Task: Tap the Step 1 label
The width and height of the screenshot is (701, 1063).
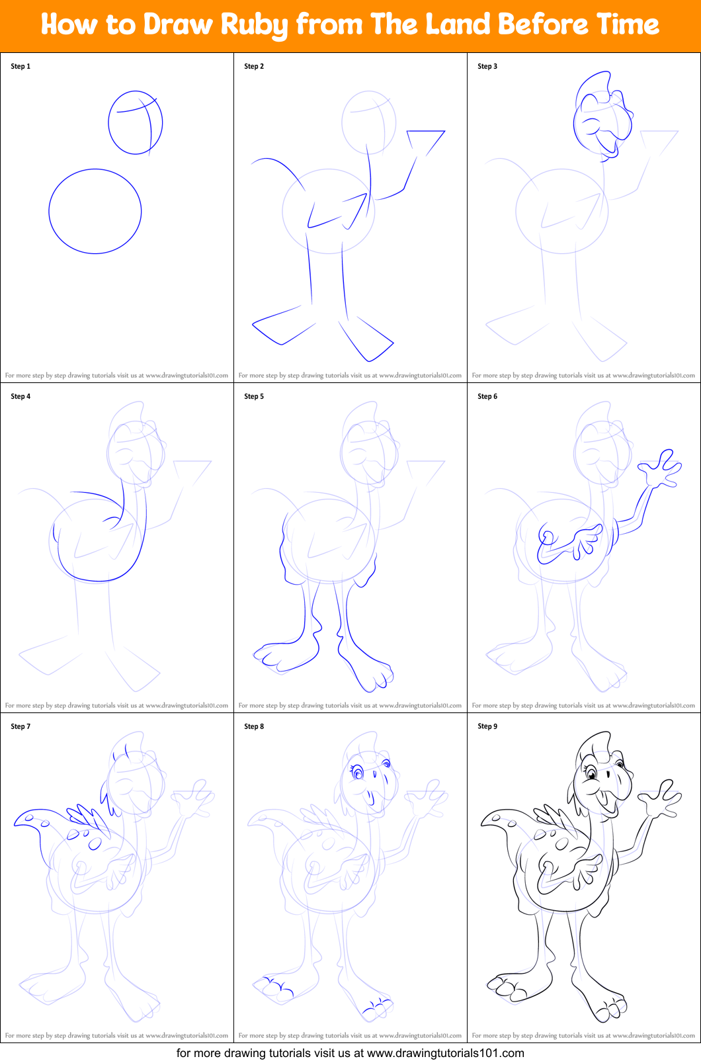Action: (x=21, y=66)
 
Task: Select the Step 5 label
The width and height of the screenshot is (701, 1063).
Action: (x=254, y=396)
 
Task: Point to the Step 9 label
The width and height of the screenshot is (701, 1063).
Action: (x=487, y=726)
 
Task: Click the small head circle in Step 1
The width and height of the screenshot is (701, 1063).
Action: (x=135, y=122)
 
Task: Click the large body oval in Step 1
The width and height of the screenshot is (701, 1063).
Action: (x=95, y=211)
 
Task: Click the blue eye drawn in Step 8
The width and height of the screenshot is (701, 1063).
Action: (x=358, y=772)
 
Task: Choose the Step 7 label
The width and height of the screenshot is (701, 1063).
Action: (x=21, y=726)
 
